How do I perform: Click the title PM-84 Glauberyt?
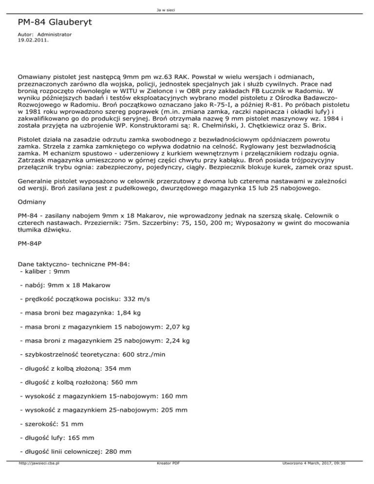pos(52,23)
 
